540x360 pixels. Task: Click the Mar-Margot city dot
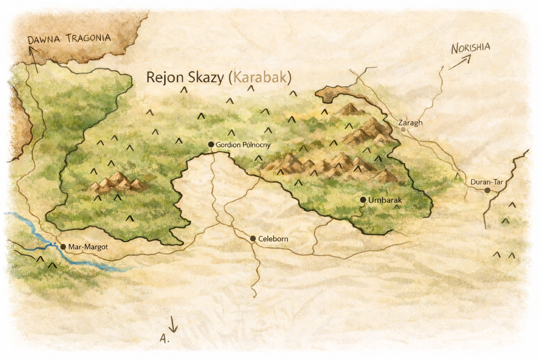click(x=63, y=247)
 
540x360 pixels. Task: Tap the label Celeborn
click(x=273, y=239)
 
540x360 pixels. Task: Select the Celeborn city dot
click(x=252, y=239)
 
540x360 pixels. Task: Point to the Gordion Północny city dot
click(x=211, y=144)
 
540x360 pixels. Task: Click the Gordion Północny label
click(x=243, y=145)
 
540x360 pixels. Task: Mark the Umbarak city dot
click(x=363, y=200)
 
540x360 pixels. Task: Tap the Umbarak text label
click(x=385, y=200)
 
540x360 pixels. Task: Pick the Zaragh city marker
click(x=404, y=129)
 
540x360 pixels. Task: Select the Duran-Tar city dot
click(x=487, y=190)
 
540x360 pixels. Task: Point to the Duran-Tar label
click(x=487, y=182)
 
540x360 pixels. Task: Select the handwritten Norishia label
click(x=470, y=48)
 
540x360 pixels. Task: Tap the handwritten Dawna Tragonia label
click(x=69, y=39)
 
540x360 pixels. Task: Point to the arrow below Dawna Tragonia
click(x=34, y=60)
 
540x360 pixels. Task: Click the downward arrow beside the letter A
click(x=173, y=324)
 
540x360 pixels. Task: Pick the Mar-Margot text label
click(x=88, y=247)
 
